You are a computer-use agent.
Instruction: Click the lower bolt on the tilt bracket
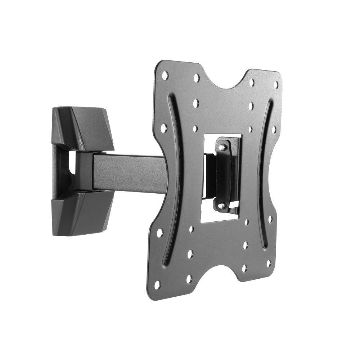(221, 205)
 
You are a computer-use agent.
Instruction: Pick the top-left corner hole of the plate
(165, 76)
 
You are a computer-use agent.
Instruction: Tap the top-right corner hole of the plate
(276, 85)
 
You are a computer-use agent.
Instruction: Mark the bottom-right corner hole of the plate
(268, 263)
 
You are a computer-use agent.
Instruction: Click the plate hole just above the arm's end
(163, 127)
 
